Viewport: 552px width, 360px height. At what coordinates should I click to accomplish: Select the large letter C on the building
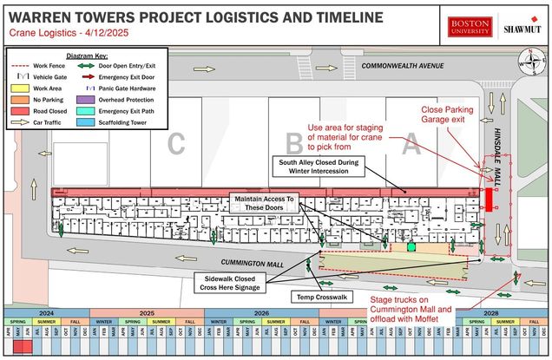(x=176, y=146)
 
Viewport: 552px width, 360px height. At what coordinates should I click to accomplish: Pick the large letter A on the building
(x=412, y=146)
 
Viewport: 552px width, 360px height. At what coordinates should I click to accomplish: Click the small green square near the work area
(x=411, y=247)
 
